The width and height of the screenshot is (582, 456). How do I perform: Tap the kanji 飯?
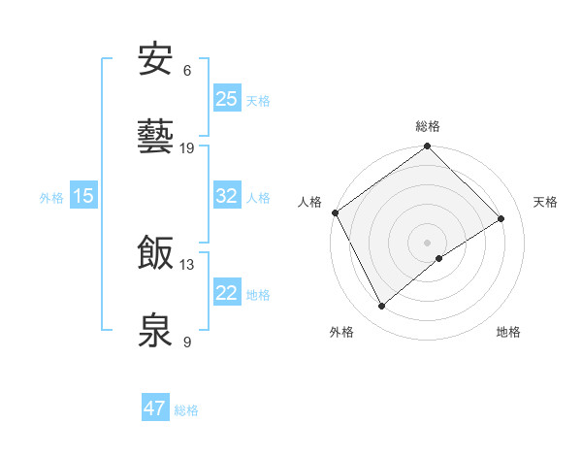coord(156,253)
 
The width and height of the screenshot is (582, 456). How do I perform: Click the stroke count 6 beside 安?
coord(187,70)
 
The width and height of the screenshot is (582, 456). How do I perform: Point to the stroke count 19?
coord(187,147)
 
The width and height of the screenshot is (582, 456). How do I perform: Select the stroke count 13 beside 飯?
coord(187,264)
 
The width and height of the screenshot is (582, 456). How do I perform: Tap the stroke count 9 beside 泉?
coord(187,342)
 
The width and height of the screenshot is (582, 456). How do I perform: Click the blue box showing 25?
coord(227,99)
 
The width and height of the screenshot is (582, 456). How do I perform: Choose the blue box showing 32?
coord(227,196)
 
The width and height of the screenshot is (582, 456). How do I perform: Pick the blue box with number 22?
coord(227,293)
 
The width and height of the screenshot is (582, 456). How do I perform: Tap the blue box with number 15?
coord(83,196)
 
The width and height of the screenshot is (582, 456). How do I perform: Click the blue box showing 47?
coord(155,408)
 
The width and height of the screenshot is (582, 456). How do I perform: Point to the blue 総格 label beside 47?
coord(186,410)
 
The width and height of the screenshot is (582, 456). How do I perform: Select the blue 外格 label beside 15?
coord(51,198)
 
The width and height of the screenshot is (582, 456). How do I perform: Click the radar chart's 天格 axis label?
coord(545,202)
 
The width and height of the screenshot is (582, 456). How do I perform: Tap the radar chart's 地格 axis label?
coord(508,333)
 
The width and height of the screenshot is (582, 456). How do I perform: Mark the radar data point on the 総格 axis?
coord(427,147)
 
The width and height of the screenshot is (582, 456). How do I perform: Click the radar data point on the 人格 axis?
coord(335,212)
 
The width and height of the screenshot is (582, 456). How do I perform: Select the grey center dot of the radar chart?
coord(427,242)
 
